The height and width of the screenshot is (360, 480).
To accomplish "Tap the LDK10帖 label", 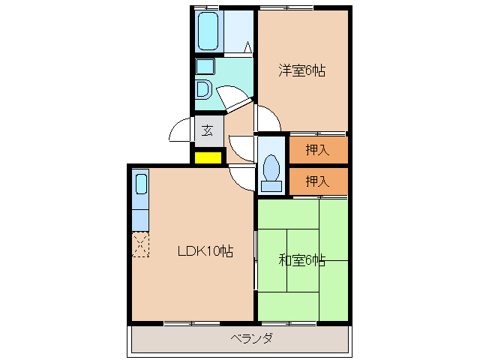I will pos(205,252).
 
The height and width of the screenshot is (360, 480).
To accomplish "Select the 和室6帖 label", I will pos(302,260).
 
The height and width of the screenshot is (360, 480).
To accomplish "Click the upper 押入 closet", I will pos(318,150).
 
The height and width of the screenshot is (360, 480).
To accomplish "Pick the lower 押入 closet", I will pos(318,181).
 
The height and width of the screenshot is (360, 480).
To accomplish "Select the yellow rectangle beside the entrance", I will pos(208,157).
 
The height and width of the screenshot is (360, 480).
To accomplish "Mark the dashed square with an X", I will pos(141,244).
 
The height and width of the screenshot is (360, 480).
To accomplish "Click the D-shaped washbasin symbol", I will pos(202,89).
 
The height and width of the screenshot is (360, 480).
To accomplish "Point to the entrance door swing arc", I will pos(181,131).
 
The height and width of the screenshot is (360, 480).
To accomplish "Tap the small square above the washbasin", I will pos(202,67).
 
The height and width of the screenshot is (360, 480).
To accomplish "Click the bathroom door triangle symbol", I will pos(246,46).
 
